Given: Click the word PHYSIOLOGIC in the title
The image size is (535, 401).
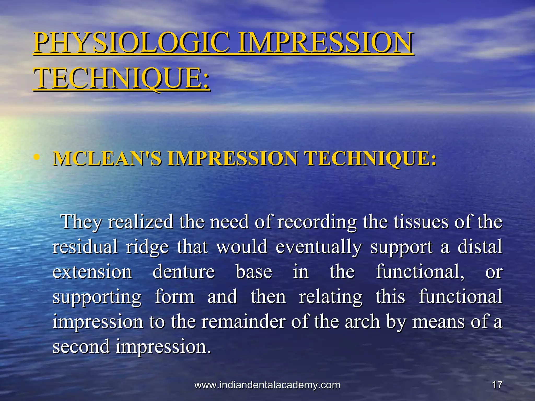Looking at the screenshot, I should (132, 42).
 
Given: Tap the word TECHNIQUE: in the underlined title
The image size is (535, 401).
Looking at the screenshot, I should (121, 78).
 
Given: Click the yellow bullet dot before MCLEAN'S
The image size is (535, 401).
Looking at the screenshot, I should (37, 157).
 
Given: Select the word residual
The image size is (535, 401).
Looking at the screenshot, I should (85, 247).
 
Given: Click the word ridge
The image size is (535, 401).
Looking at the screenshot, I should (147, 247).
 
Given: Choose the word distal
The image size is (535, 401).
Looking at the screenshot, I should (480, 247).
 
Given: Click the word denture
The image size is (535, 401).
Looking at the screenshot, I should (184, 272).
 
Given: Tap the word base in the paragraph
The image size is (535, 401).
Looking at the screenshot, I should (254, 272).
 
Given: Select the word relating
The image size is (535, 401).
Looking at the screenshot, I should (331, 297).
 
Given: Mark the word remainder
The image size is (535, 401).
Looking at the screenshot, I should (243, 322).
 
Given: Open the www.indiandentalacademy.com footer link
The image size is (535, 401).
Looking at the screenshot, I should (267, 385).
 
